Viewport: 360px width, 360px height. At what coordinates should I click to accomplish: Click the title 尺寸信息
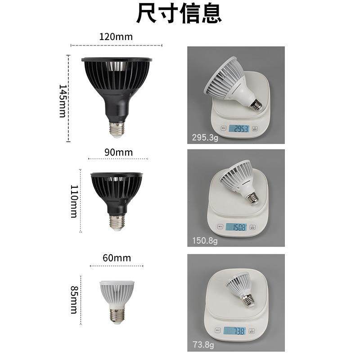coord(179,14)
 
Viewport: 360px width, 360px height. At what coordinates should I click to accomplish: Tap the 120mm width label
coord(116,37)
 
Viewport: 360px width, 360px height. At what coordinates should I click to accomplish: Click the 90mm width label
coord(118,152)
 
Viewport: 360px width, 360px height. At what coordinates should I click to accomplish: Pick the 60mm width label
coord(116,258)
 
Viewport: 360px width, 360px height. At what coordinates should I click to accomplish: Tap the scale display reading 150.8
coord(236,227)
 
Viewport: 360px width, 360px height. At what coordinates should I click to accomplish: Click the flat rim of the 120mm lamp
coord(117,59)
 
